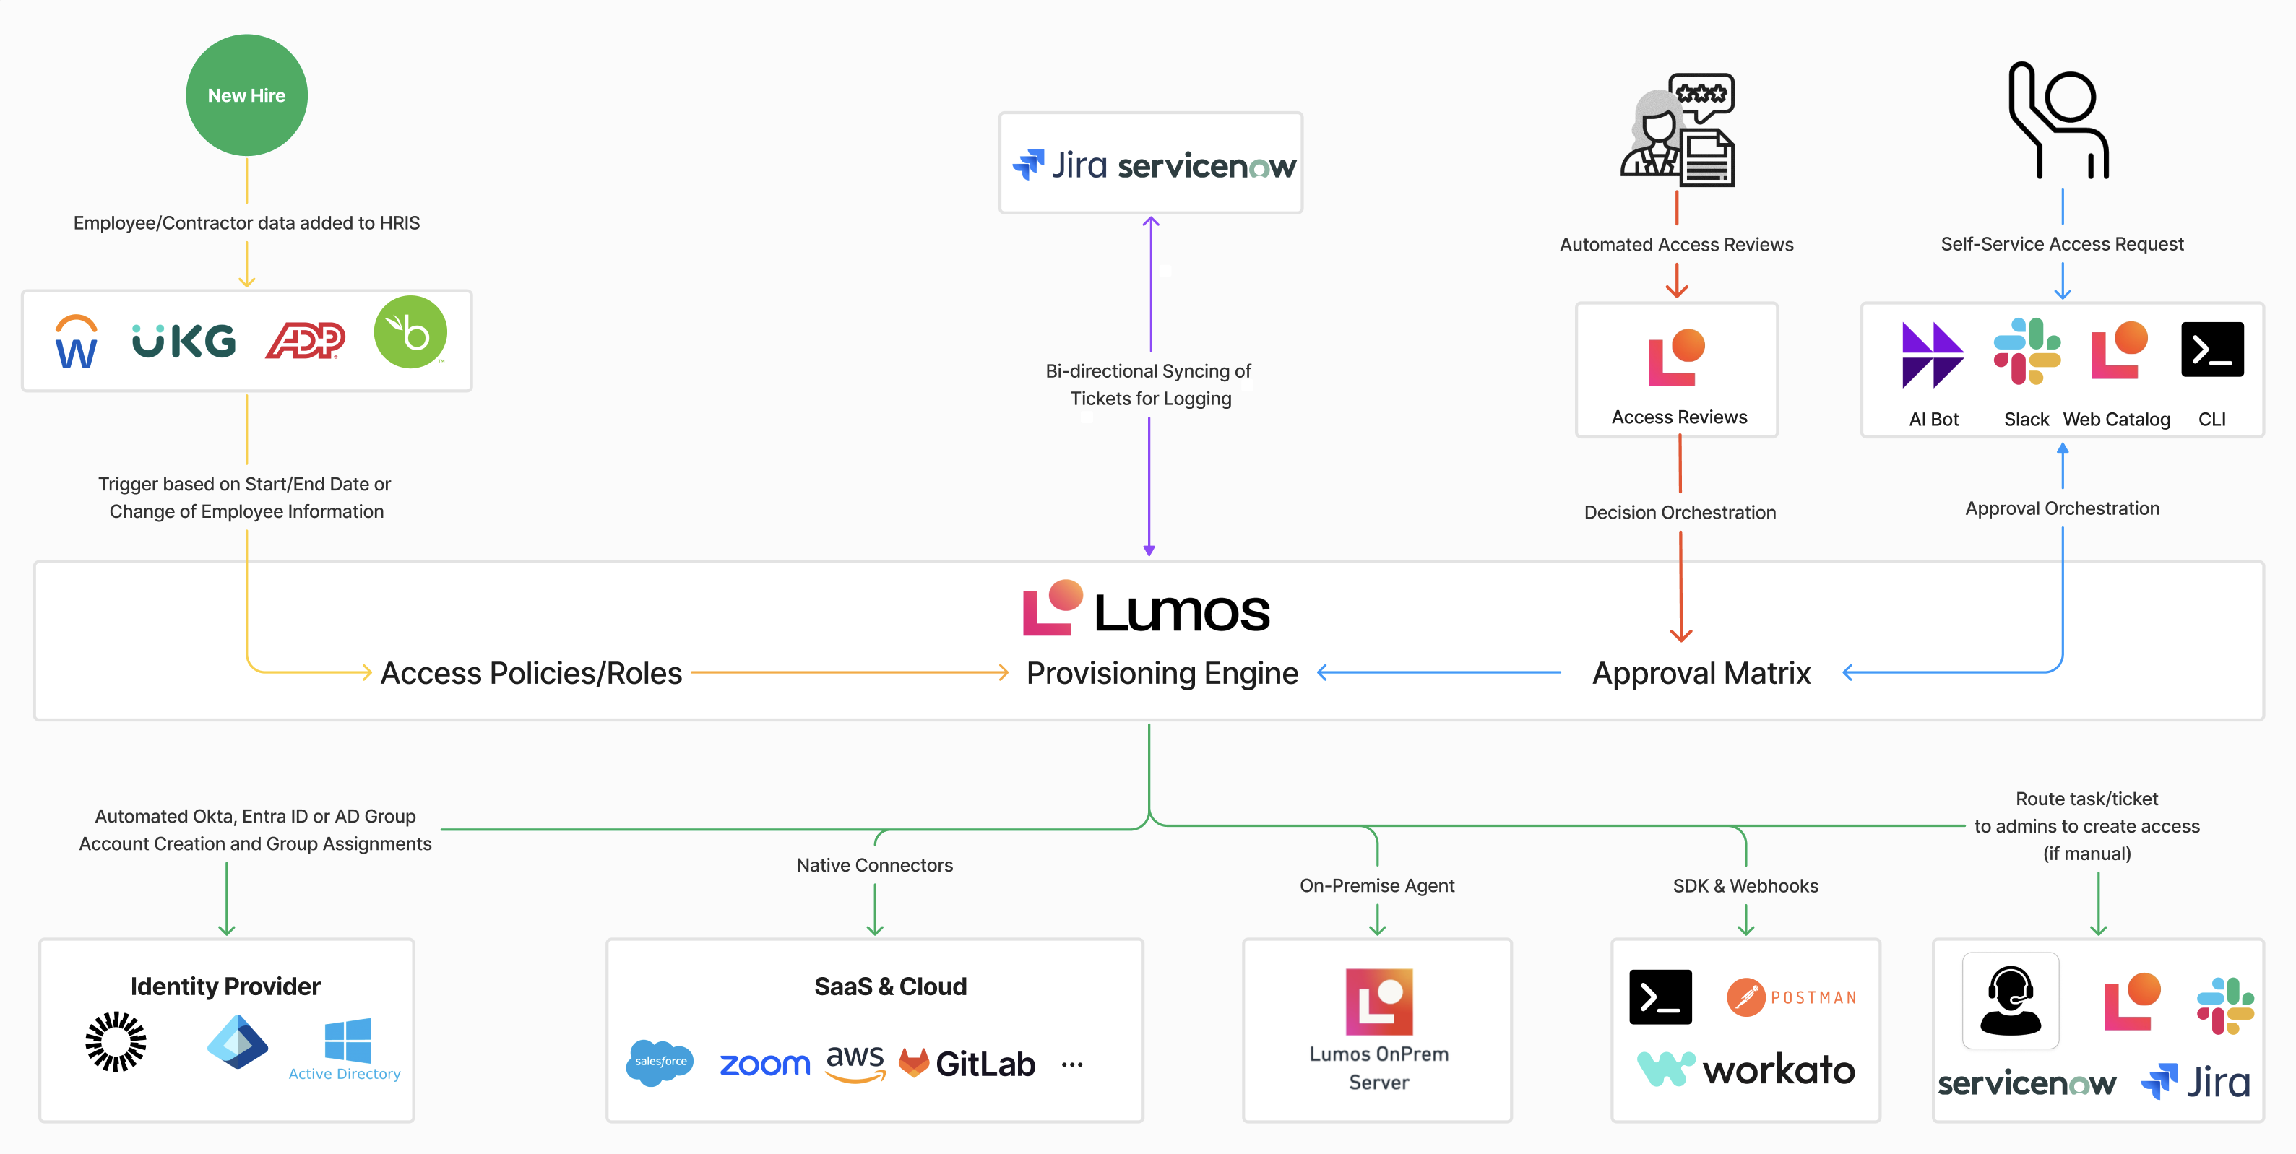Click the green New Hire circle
tap(246, 95)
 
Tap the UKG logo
tap(184, 340)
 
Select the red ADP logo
tap(305, 340)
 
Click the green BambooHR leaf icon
tap(410, 332)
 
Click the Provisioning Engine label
tap(1162, 673)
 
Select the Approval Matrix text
tap(1701, 673)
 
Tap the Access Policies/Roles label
tap(531, 673)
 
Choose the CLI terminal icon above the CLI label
tap(2211, 350)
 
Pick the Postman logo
tap(1792, 997)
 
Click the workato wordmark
tap(1778, 1070)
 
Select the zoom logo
tap(764, 1064)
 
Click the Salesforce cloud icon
tap(660, 1062)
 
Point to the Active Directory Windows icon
tap(348, 1041)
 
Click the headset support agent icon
tap(2010, 1001)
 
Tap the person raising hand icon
tap(2059, 121)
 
